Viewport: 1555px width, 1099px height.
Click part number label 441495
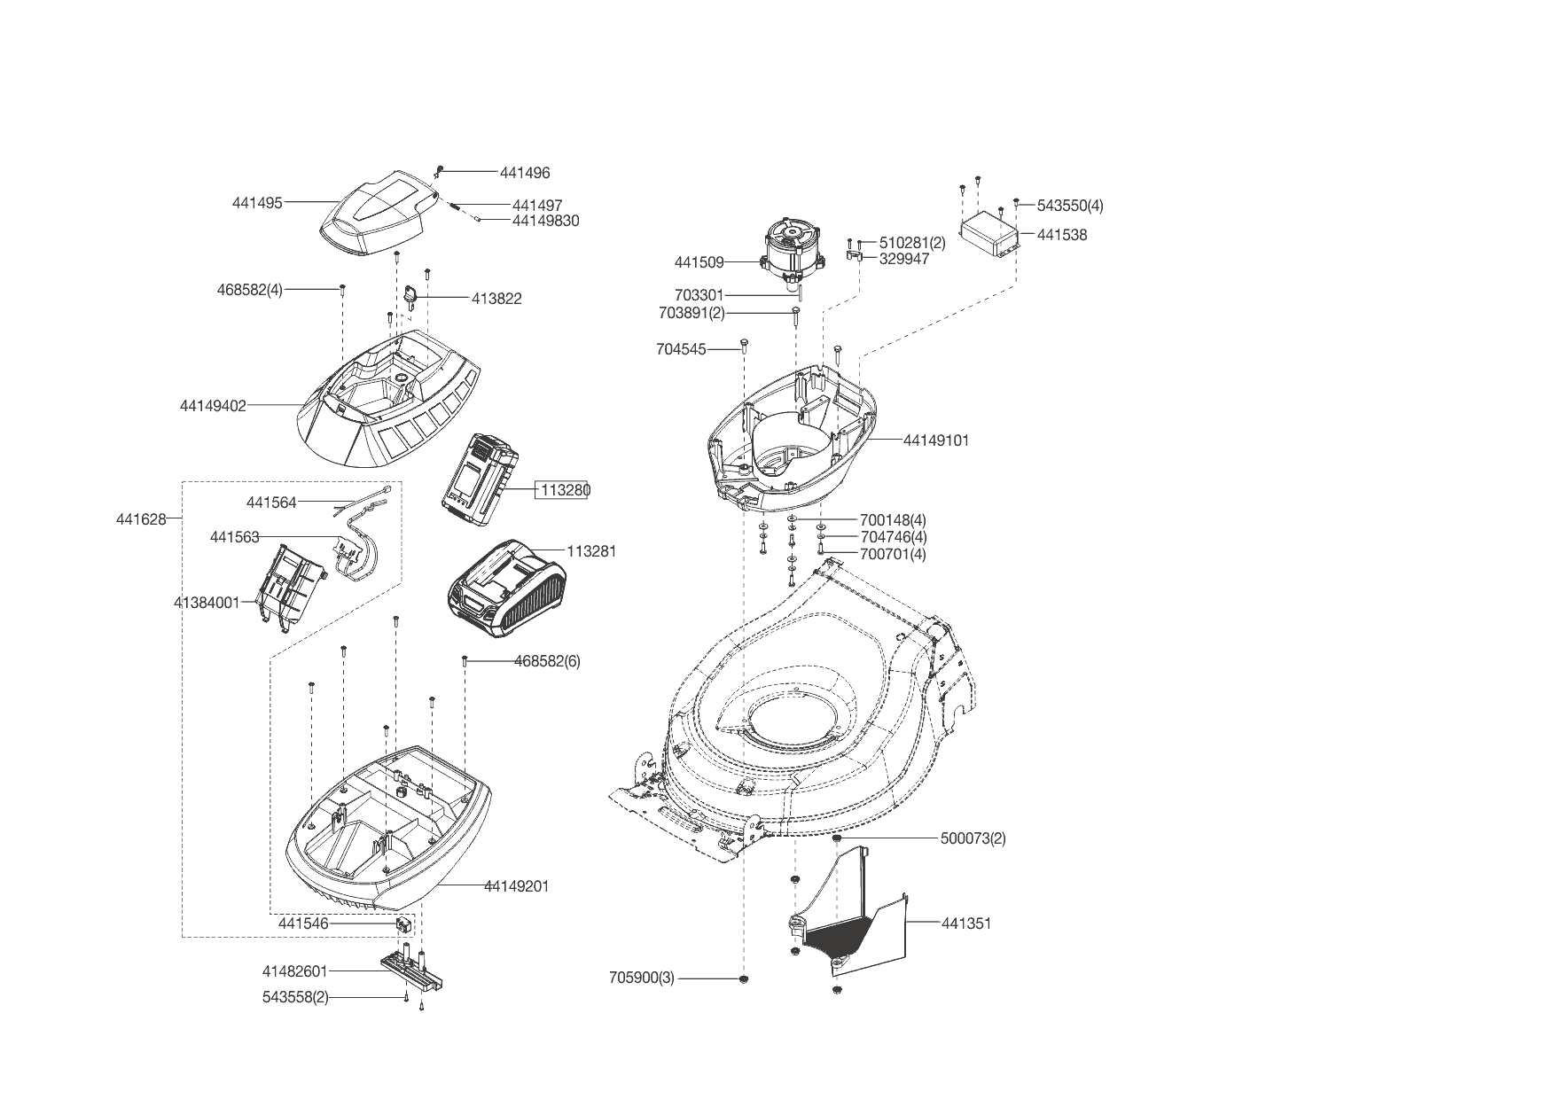[x=257, y=203]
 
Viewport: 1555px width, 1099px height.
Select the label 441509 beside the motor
[x=699, y=262]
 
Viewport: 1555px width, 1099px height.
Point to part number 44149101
[x=936, y=440]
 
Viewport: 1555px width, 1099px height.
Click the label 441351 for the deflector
[x=965, y=924]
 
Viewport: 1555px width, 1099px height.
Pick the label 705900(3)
[x=642, y=978]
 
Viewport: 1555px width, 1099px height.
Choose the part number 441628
[x=141, y=519]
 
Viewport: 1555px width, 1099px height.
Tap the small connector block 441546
[x=403, y=924]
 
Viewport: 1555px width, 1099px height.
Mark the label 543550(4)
[x=1070, y=206]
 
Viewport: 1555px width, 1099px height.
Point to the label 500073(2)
[x=973, y=838]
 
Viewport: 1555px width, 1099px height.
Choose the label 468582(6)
[x=547, y=661]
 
